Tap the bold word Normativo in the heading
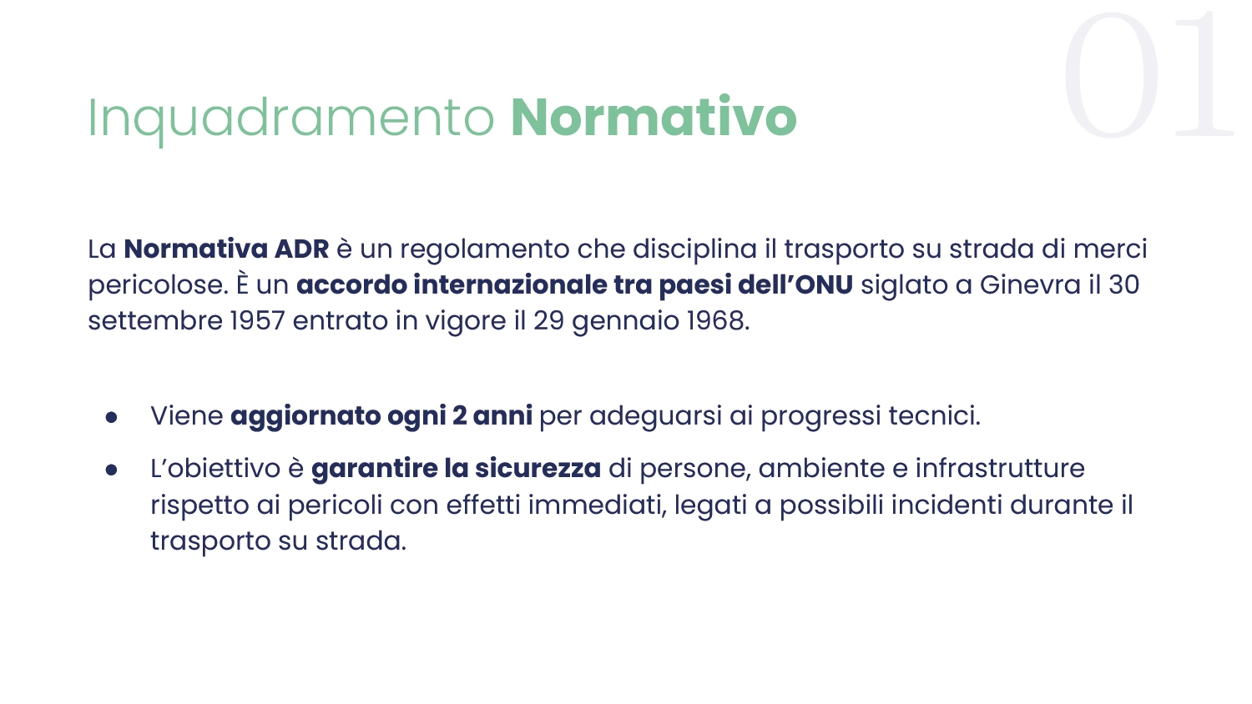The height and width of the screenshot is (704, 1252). (x=654, y=116)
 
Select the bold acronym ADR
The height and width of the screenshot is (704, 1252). (x=302, y=249)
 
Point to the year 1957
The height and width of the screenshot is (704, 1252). (x=258, y=321)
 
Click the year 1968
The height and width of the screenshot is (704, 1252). (x=718, y=321)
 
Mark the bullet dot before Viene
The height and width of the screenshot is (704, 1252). (x=111, y=417)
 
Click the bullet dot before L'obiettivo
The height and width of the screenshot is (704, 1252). (x=111, y=470)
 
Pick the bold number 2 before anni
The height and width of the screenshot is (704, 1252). (x=459, y=415)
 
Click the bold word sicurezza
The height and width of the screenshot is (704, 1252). (x=538, y=468)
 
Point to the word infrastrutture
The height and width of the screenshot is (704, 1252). (x=1000, y=468)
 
